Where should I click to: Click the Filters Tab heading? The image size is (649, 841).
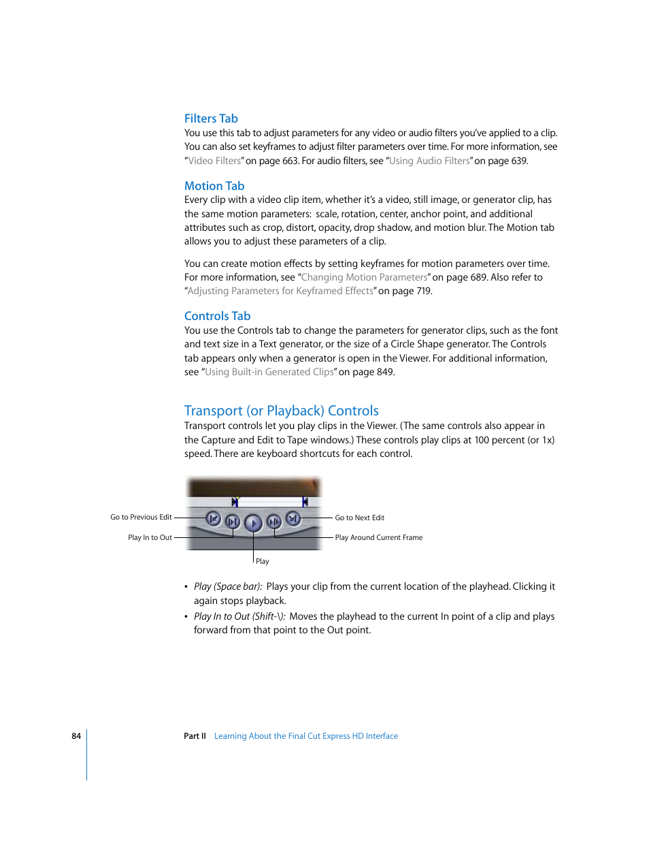211,118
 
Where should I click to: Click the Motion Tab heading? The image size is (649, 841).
214,186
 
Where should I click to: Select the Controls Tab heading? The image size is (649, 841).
217,316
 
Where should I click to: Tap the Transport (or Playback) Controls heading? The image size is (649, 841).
281,411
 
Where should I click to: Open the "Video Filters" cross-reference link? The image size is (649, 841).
214,161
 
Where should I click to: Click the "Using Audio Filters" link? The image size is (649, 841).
429,161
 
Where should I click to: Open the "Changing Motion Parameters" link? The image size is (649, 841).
364,277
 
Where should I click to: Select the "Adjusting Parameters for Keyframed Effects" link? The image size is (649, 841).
280,291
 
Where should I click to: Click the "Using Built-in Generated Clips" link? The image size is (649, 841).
269,372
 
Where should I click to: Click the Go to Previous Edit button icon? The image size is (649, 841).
213,519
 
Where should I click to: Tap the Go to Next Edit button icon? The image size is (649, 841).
293,519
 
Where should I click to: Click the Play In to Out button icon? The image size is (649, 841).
233,522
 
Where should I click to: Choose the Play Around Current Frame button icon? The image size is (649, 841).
273,522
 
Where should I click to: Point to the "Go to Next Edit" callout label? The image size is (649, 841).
359,518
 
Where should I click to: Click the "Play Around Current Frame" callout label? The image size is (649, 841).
378,537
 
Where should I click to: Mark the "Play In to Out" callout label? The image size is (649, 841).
150,537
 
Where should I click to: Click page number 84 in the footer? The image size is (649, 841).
76,736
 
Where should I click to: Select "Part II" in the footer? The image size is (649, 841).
195,736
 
